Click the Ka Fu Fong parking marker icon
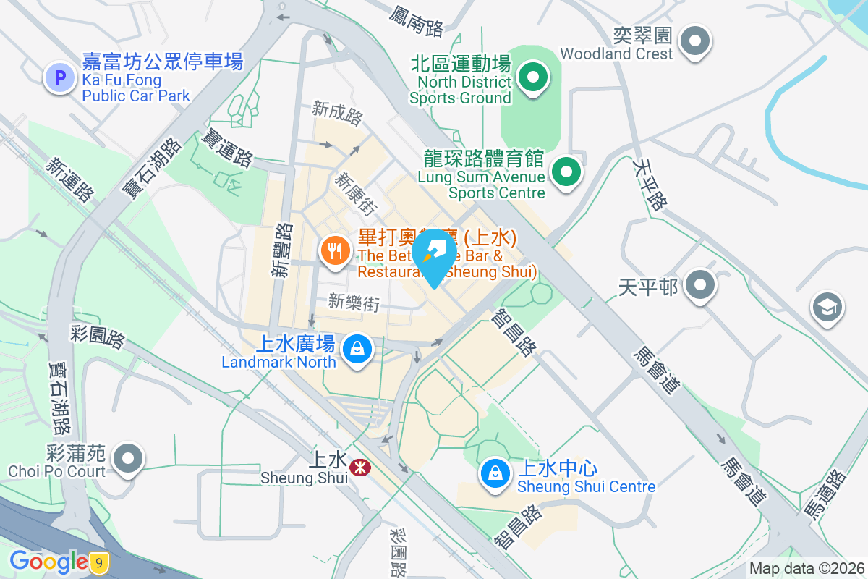point(60,77)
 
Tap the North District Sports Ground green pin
point(533,76)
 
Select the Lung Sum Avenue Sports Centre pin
point(566,173)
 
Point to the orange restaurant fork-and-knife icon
point(334,251)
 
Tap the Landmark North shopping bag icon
point(357,350)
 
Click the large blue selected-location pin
point(434,255)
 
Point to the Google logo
point(48,562)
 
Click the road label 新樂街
point(354,302)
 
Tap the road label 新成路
point(337,112)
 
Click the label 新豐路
point(282,250)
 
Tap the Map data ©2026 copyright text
point(807,569)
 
